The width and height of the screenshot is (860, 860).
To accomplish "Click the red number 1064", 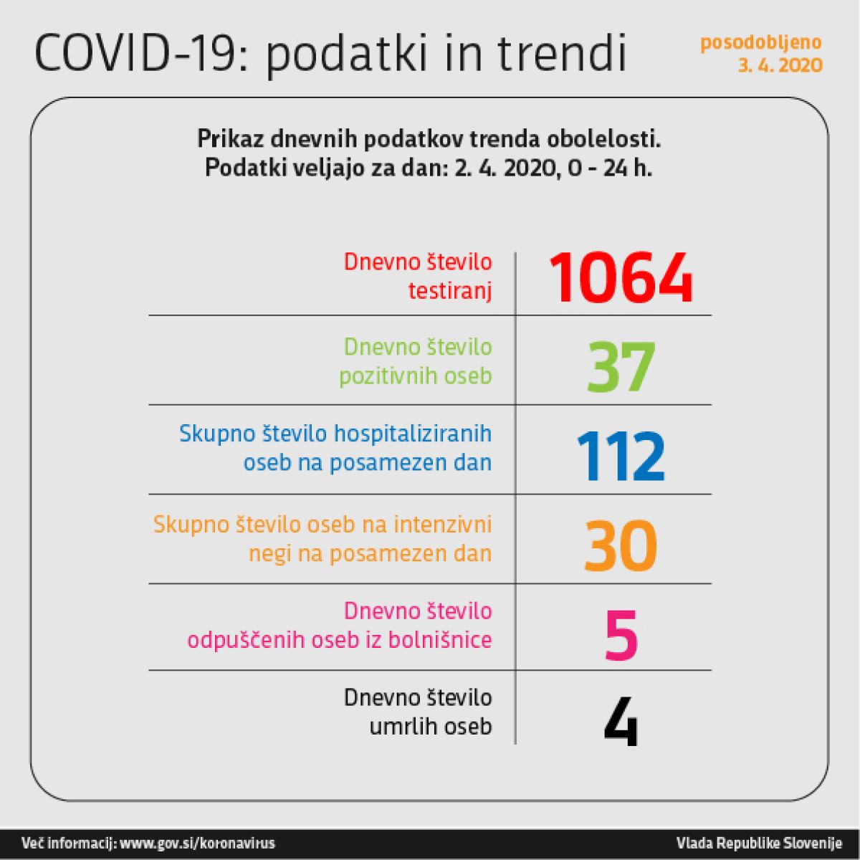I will tap(621, 278).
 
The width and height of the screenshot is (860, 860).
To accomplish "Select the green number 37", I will tap(621, 368).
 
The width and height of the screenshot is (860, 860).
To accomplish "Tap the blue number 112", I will tap(621, 457).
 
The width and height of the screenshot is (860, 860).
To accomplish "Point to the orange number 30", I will tap(621, 546).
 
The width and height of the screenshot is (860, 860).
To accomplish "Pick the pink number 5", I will tap(621, 636).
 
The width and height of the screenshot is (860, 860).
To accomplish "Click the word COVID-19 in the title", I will tap(135, 54).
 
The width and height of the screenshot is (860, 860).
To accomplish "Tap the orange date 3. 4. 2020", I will tap(780, 65).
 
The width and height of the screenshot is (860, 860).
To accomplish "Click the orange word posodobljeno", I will tap(761, 43).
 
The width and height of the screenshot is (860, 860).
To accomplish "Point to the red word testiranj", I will tap(450, 291).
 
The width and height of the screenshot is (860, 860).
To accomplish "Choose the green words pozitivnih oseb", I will tap(416, 376).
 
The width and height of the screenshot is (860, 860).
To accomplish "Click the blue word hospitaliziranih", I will tap(413, 434).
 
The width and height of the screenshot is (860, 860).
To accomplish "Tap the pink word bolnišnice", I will tap(440, 639).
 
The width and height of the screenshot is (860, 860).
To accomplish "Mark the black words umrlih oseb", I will tap(431, 727).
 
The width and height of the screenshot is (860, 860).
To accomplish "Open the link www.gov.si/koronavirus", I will tap(198, 844).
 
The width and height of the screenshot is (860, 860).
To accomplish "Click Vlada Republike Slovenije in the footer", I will tap(759, 844).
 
